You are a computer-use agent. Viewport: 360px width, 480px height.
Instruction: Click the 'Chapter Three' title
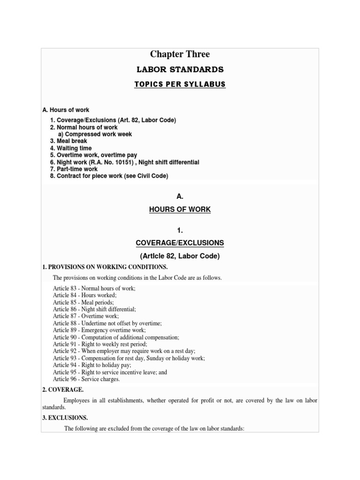click(x=180, y=54)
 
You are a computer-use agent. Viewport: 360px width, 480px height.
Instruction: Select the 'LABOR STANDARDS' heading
click(x=180, y=70)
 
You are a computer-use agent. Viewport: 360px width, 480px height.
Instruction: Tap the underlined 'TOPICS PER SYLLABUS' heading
click(x=180, y=84)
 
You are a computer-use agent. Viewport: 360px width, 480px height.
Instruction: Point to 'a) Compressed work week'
click(x=95, y=134)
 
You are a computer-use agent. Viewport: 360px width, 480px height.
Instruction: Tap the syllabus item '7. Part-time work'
click(x=74, y=169)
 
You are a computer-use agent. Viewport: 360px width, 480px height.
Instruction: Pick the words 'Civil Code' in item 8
click(x=151, y=176)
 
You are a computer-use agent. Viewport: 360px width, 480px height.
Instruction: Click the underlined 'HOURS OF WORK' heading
click(x=180, y=210)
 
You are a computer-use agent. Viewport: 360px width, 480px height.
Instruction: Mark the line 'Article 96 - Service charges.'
click(x=86, y=379)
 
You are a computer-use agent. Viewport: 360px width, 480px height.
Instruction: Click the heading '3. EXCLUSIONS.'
click(x=65, y=418)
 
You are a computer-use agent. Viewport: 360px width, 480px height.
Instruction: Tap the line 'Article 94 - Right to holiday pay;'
click(x=92, y=365)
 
